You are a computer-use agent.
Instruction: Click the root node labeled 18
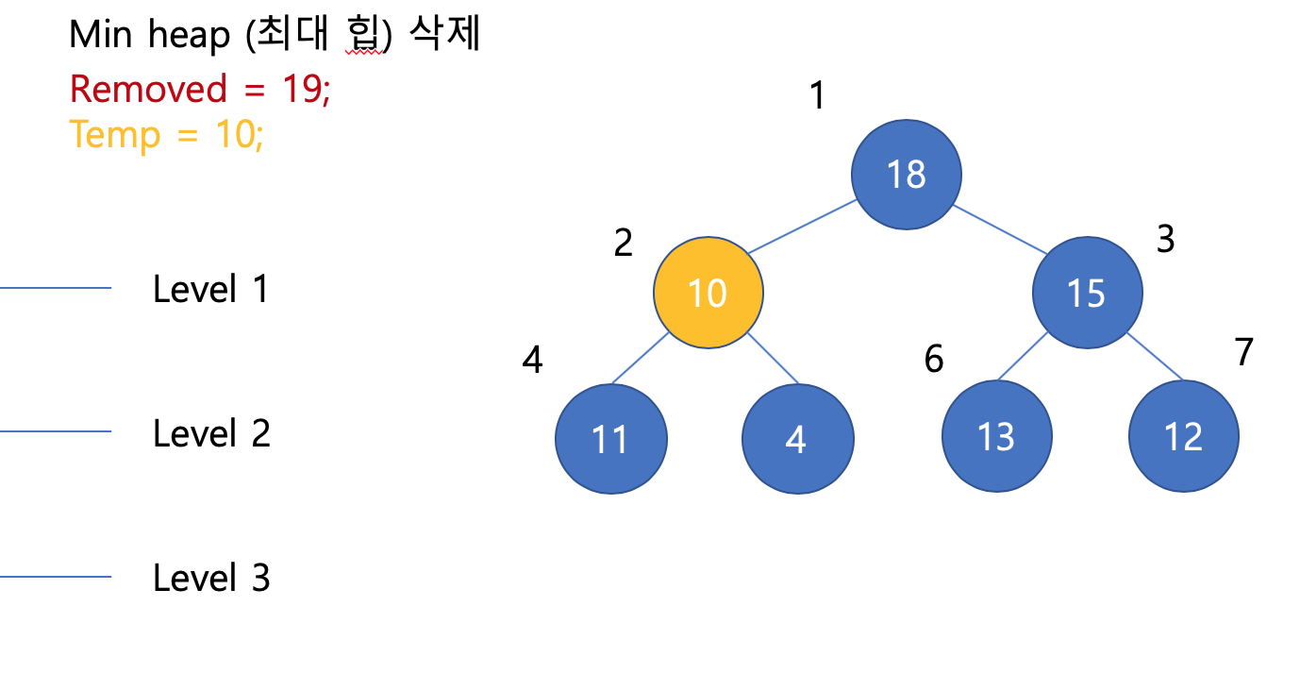(906, 175)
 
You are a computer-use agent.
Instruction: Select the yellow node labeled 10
(708, 293)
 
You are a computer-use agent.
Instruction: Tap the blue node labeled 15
(1087, 293)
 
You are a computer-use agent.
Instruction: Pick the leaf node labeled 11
(610, 439)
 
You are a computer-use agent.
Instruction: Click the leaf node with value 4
(797, 439)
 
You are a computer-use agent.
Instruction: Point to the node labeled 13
(997, 437)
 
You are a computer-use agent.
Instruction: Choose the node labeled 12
(1183, 437)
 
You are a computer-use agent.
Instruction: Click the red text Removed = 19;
(200, 90)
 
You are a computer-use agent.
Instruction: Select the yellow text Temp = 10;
(166, 135)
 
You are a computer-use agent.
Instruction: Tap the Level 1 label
(210, 289)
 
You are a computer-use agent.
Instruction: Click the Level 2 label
(211, 433)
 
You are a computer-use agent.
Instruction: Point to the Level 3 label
(211, 578)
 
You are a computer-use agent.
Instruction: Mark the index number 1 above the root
(818, 95)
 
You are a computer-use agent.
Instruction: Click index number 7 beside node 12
(1243, 352)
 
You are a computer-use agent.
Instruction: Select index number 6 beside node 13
(933, 360)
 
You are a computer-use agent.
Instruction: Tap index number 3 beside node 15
(1165, 240)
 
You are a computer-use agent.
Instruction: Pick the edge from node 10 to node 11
(641, 359)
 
